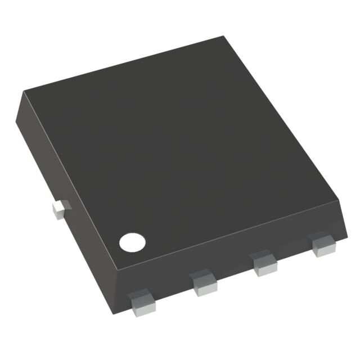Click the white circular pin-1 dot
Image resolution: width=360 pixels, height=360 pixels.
pos(132,242)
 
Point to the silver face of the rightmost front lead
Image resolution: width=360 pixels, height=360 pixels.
pos(324,248)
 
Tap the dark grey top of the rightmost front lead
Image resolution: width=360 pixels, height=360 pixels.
pos(321,238)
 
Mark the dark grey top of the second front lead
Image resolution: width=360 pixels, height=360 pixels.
pos(202,277)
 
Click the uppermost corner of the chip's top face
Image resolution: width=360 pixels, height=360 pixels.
pos(224,37)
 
